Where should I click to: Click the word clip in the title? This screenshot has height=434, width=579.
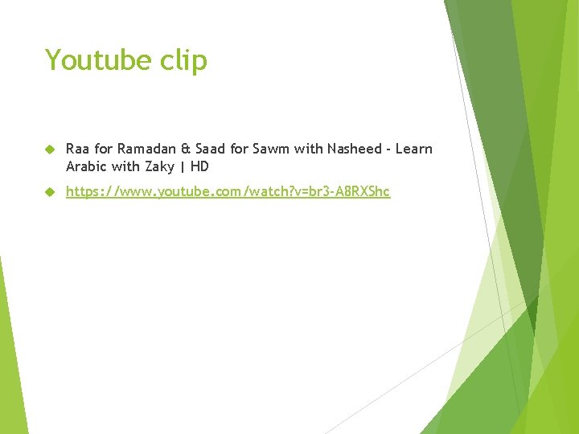(x=183, y=61)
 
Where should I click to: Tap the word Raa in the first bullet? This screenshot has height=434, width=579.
(x=77, y=149)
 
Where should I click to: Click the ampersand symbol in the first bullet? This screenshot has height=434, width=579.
(x=186, y=149)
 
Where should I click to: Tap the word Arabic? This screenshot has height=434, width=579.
(x=86, y=166)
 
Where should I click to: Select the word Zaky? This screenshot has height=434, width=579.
(x=158, y=167)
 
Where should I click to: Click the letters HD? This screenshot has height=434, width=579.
(x=199, y=166)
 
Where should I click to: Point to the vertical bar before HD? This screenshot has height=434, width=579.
(x=183, y=167)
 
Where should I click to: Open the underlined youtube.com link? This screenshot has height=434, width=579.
(x=228, y=192)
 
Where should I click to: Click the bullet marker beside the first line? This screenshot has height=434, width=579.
(x=49, y=149)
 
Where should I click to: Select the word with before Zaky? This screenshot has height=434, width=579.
(x=124, y=166)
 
